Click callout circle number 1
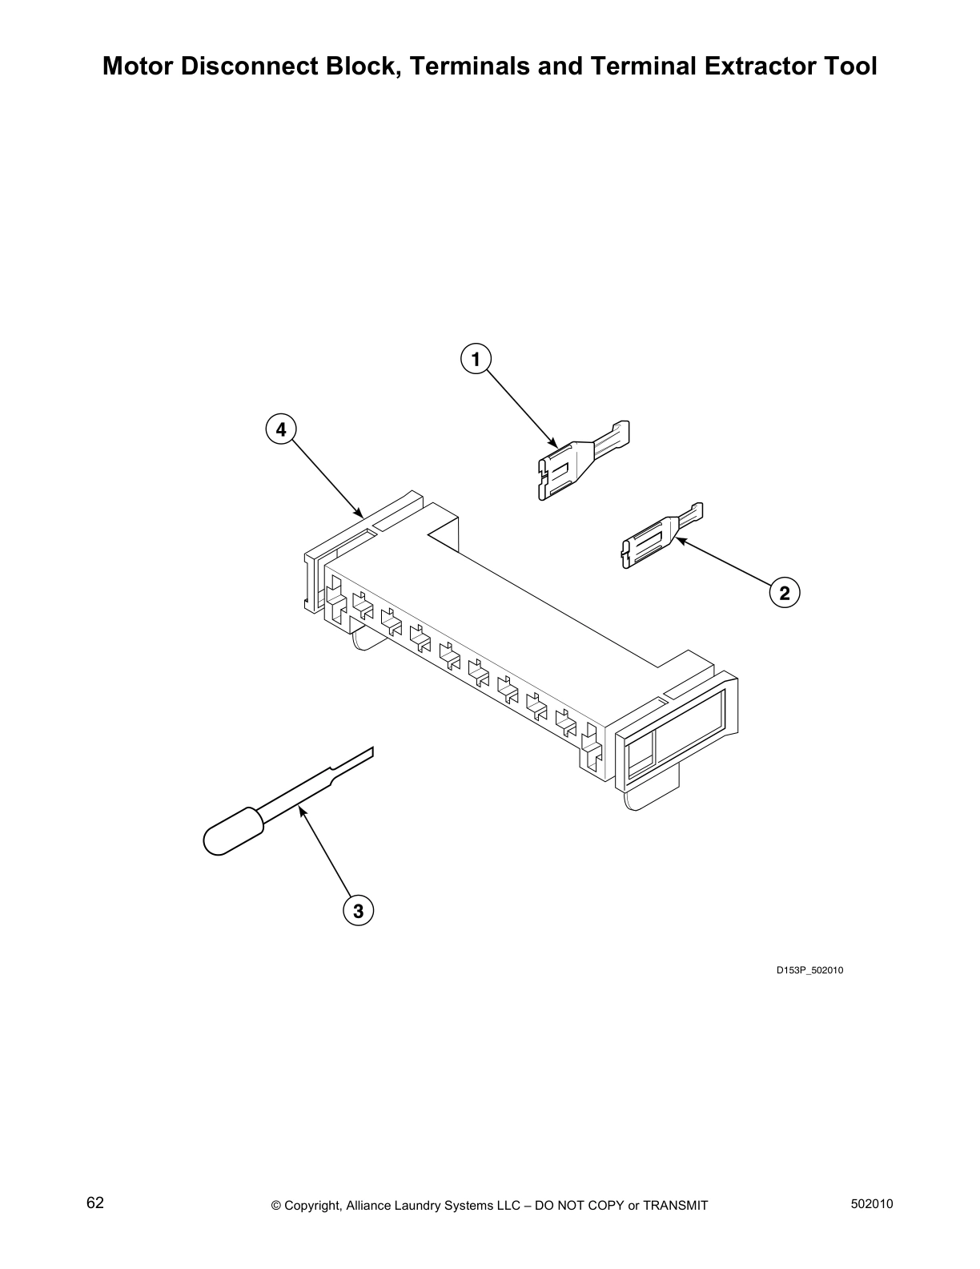(476, 360)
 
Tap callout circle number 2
(784, 593)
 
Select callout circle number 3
(358, 911)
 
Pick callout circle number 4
(280, 430)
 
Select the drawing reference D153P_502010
(809, 971)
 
